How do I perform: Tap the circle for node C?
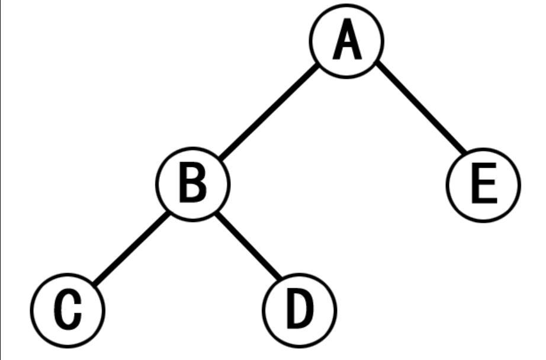68,309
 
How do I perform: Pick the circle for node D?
300,309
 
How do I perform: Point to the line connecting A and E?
420,107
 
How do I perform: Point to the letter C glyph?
68,309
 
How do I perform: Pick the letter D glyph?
300,309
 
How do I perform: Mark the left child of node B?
68,309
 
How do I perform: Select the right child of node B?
300,309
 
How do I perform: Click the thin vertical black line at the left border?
1,178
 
